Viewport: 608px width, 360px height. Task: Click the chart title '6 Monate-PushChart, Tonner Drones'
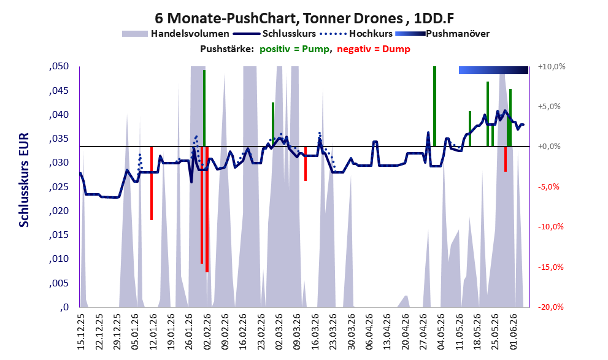point(279,18)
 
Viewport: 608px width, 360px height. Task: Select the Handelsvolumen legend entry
point(175,34)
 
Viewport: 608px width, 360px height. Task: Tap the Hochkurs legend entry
point(356,34)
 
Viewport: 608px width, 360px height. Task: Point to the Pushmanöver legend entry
point(442,34)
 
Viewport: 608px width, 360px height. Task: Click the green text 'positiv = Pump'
point(294,49)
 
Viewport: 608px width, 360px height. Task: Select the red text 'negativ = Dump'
point(374,49)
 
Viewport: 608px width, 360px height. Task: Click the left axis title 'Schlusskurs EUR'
point(24,180)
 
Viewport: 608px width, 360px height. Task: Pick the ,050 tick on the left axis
point(59,66)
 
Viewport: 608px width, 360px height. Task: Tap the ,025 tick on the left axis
point(59,187)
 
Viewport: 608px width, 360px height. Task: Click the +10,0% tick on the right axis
point(552,67)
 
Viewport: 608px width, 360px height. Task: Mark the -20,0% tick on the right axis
point(550,307)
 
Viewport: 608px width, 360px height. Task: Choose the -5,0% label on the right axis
point(548,187)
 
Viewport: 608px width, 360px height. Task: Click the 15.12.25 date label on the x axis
point(81,331)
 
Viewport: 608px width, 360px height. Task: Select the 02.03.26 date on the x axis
point(279,331)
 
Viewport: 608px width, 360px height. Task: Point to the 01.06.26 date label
point(514,331)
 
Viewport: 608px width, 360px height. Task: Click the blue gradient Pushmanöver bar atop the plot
point(493,70)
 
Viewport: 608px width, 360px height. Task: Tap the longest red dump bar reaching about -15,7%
point(207,209)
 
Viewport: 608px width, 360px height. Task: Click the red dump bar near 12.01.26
point(152,183)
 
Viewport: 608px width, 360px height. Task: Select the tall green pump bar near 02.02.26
point(204,108)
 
